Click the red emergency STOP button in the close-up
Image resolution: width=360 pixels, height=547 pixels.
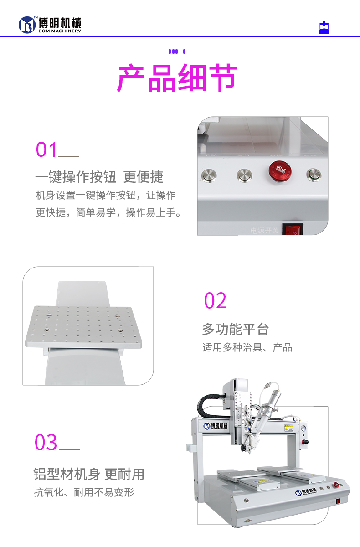[278, 173]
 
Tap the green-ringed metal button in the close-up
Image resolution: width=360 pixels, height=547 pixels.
[314, 175]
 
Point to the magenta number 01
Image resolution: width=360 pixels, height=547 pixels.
[47, 150]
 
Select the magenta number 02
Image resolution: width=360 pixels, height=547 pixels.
[215, 301]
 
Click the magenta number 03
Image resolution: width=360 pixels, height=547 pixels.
[46, 443]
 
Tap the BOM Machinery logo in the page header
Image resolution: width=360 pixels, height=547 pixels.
[50, 25]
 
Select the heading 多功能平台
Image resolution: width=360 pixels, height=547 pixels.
[235, 329]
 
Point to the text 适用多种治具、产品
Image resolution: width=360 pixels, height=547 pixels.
[247, 348]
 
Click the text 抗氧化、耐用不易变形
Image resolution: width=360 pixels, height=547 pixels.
[84, 492]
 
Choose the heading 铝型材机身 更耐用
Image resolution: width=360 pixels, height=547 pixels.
[89, 474]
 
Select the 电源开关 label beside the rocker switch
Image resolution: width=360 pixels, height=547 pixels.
[264, 231]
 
